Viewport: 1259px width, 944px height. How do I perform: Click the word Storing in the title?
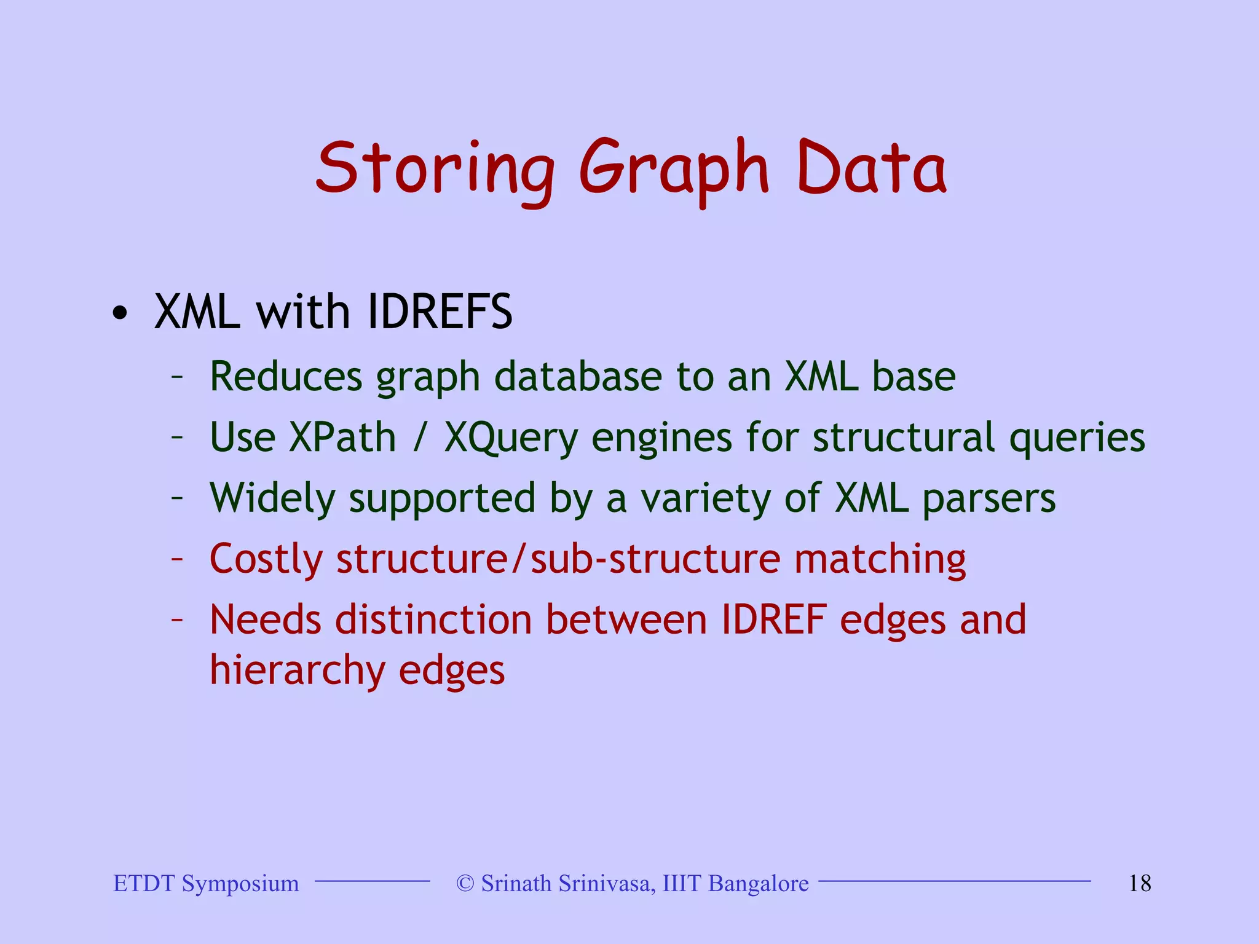tap(434, 169)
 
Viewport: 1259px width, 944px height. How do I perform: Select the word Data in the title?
tap(871, 169)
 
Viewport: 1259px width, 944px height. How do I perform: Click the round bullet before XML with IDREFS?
tap(120, 313)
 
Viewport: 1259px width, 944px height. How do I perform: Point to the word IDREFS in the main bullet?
tap(440, 312)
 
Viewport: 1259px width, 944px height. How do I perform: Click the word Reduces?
tap(286, 376)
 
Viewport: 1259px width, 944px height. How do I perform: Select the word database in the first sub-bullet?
tap(578, 376)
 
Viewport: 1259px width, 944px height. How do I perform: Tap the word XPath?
tap(342, 438)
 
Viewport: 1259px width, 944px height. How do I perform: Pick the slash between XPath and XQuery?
tap(420, 438)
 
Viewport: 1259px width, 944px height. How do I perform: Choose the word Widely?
tap(272, 498)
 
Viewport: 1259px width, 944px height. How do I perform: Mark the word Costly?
tap(266, 559)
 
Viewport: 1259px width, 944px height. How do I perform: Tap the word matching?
tap(880, 559)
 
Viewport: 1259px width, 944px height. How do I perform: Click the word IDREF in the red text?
tap(773, 619)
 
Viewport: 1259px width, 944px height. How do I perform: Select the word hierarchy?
tap(297, 670)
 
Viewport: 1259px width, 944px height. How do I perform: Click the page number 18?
tap(1139, 884)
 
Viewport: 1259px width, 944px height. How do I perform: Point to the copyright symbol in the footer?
tap(465, 884)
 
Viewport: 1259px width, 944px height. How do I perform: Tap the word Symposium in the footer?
tap(240, 884)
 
